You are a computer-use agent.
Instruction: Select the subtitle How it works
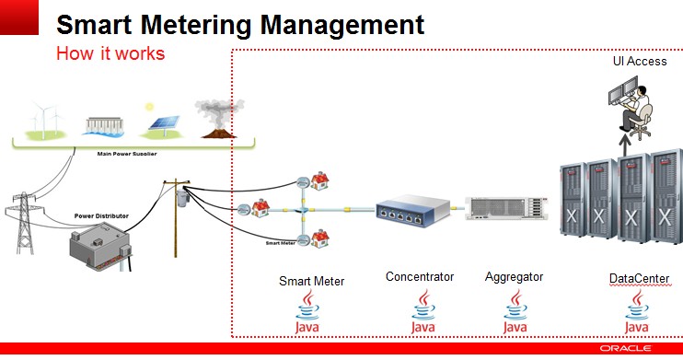tap(110, 53)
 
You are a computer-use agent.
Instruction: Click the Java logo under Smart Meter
tap(311, 314)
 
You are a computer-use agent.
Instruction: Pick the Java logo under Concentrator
tap(423, 312)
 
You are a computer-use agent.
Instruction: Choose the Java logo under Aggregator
tap(515, 312)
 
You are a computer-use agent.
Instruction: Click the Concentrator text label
tap(420, 276)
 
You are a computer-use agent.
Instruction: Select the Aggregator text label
tap(514, 276)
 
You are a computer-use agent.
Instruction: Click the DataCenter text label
tap(639, 277)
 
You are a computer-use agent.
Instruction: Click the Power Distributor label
tap(101, 215)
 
